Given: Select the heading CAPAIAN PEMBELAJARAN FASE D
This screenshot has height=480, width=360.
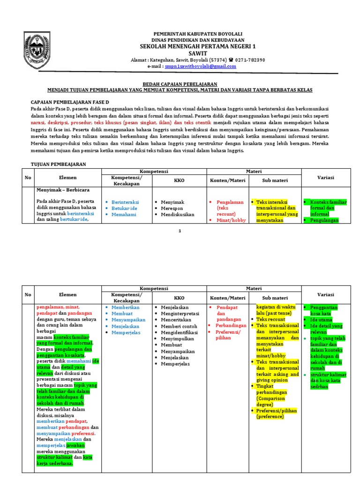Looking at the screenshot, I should tap(70, 102).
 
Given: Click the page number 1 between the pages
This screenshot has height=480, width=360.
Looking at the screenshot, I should tap(180, 231).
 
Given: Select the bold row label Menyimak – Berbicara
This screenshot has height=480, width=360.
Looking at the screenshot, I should tap(63, 190).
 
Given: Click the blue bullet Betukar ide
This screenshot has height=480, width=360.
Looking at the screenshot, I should tap(124, 208).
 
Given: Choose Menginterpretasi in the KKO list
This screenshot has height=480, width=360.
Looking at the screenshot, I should tap(180, 313).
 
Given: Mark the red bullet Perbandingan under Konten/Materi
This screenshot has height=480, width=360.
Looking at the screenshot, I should tap(231, 325).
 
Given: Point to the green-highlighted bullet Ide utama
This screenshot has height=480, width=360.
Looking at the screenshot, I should tap(321, 319).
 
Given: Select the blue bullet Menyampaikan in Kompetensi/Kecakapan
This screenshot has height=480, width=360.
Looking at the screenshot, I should tap(128, 319).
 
